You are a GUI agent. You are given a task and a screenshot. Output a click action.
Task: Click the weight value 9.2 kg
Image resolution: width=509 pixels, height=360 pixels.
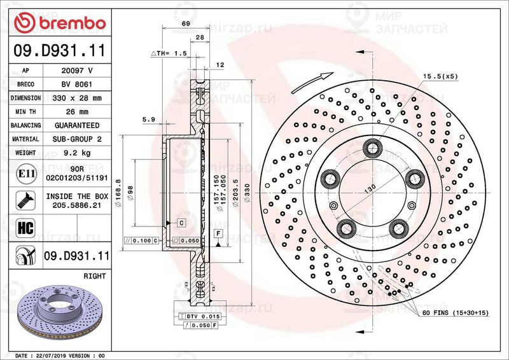pos(78,153)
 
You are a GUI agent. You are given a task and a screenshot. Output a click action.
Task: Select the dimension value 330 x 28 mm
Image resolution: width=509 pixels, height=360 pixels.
pos(78,98)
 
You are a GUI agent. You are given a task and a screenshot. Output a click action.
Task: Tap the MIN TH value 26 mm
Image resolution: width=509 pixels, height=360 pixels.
pos(78,112)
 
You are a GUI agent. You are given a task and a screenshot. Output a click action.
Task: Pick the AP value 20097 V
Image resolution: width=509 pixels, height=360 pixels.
pos(78,71)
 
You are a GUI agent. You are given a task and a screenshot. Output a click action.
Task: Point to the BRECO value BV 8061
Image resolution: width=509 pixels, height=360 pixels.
pos(78,84)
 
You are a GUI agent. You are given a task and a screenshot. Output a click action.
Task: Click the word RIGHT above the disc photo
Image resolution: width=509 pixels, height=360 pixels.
pos(94,277)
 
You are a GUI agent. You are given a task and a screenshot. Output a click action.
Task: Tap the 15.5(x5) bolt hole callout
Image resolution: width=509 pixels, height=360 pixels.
pos(439,76)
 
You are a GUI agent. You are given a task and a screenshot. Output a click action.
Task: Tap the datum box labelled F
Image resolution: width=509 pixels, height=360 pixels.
pos(218,234)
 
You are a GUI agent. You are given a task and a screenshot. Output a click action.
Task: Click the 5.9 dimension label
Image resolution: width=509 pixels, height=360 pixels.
pos(149,119)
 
